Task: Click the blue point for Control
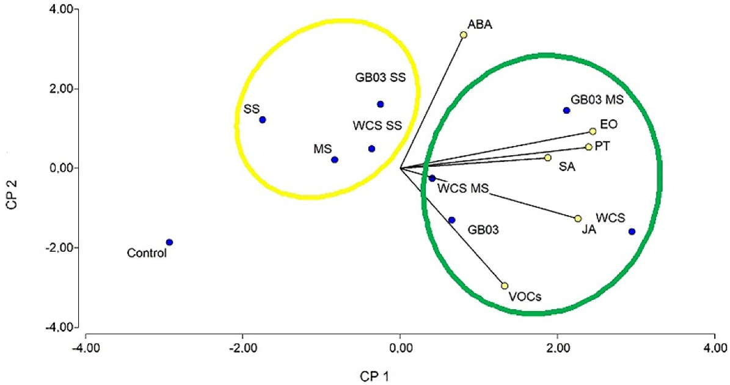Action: [169, 242]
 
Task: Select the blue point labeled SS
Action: [263, 120]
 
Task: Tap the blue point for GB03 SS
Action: [380, 104]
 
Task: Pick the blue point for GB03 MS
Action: [566, 111]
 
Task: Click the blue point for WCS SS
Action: [371, 148]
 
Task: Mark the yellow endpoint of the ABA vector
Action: [464, 35]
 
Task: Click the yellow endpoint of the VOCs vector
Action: [505, 285]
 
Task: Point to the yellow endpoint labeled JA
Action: [578, 218]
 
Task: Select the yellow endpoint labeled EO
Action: [593, 131]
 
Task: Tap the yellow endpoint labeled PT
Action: [589, 147]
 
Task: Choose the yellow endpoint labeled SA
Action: [548, 158]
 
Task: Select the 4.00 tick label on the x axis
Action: [714, 348]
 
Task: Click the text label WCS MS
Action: [463, 188]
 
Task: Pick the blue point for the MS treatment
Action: [334, 159]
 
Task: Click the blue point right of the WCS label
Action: [632, 231]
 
